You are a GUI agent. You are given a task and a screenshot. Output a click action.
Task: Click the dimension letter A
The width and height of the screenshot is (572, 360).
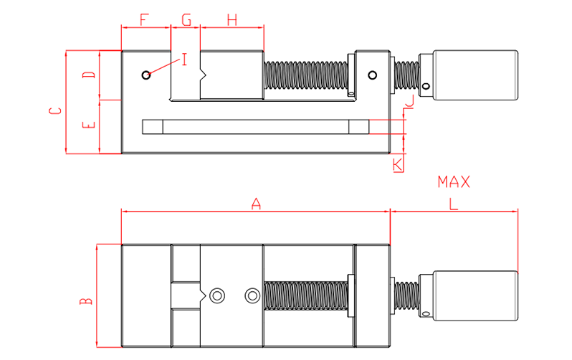(256, 204)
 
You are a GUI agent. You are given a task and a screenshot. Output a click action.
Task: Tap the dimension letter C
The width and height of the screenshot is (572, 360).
(54, 111)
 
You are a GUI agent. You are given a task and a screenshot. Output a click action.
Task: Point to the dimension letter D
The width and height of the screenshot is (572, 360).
(88, 75)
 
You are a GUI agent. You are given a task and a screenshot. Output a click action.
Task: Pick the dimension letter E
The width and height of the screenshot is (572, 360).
(88, 125)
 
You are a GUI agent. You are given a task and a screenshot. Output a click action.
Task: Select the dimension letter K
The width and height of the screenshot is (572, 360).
(398, 165)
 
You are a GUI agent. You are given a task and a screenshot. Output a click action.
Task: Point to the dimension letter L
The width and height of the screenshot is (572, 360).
(453, 204)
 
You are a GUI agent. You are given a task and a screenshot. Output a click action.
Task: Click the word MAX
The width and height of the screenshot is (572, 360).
(454, 182)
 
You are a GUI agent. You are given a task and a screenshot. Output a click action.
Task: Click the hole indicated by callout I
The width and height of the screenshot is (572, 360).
(146, 75)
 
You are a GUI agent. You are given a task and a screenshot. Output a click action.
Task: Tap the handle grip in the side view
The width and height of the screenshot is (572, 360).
(474, 75)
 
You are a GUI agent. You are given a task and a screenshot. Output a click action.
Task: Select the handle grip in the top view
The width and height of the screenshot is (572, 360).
(474, 295)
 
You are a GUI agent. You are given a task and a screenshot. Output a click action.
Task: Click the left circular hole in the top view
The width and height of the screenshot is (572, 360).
(217, 295)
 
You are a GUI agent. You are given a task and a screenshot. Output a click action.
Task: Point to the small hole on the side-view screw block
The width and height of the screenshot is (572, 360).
(372, 75)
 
